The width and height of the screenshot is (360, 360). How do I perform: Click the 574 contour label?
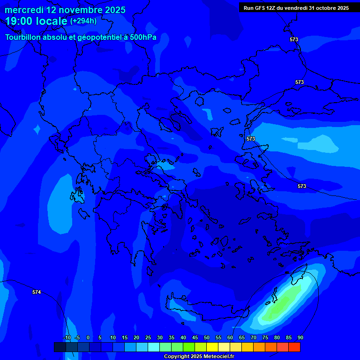pos(37,292)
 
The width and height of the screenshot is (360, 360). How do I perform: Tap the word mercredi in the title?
pos(24,10)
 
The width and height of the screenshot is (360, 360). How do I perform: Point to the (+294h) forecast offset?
pos(83,21)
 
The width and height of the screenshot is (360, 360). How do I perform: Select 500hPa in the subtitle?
pos(143,37)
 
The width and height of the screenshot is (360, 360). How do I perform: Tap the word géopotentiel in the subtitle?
pos(97,37)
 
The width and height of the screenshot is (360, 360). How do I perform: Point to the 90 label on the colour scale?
pos(300,338)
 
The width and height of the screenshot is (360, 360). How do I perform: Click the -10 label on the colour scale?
pos(67,338)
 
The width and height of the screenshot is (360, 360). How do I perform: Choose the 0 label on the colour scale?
pos(88,338)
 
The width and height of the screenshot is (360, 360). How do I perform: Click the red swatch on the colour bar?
pos(294,347)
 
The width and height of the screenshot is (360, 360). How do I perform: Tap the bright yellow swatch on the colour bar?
pos(212,347)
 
